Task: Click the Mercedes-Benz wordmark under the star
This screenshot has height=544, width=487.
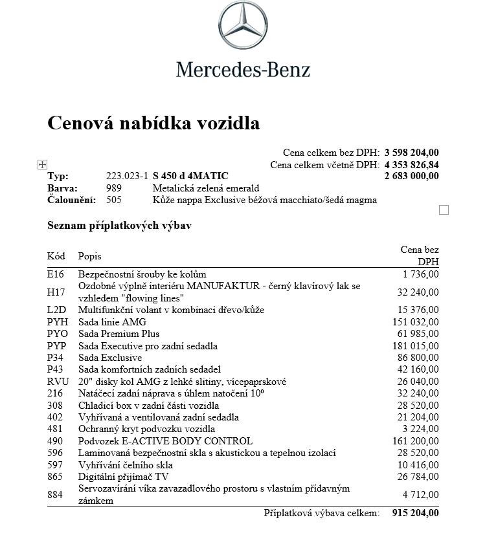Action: click(243, 69)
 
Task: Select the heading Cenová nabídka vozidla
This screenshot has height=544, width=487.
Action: click(153, 123)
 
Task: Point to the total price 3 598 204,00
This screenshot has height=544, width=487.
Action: click(411, 153)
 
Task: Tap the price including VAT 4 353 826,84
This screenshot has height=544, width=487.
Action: click(411, 165)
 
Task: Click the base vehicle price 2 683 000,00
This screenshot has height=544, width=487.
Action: click(411, 176)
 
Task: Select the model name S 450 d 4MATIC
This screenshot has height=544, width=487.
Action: click(190, 176)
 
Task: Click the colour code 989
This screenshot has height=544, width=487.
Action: click(114, 188)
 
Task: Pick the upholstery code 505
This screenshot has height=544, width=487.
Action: click(114, 200)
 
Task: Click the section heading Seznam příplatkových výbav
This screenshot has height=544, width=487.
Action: click(119, 226)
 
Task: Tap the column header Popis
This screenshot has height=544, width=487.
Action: click(90, 256)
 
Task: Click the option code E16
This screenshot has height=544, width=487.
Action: click(56, 274)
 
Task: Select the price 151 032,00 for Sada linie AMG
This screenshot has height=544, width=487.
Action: click(415, 322)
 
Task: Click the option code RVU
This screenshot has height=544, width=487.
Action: click(58, 382)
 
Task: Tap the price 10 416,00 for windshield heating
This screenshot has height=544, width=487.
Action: click(418, 465)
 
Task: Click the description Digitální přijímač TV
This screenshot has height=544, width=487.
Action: click(124, 477)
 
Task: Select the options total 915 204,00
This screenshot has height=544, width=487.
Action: click(415, 513)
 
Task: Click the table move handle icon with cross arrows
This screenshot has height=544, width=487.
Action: click(42, 165)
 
